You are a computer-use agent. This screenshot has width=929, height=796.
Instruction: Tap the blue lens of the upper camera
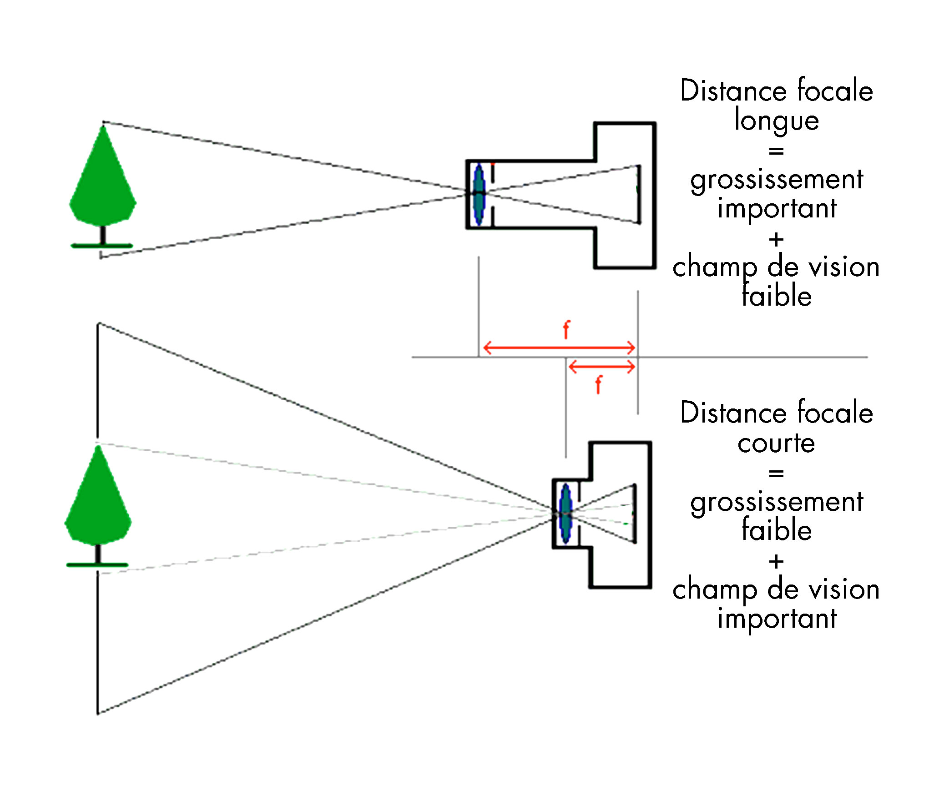pos(479,194)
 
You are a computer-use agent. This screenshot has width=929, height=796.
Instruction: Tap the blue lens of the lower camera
pos(565,514)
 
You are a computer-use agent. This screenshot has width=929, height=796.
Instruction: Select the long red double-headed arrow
pos(559,348)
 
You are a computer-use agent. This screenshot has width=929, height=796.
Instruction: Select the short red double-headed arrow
pos(601,366)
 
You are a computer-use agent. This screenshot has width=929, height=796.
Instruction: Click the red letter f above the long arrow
pos(566,330)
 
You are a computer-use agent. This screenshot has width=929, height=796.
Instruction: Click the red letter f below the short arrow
pos(598,385)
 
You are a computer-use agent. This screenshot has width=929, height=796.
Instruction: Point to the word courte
pos(776,443)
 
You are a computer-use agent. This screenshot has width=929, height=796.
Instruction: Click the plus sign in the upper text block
pos(776,239)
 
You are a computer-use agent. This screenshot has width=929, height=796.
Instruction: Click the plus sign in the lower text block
pos(776,562)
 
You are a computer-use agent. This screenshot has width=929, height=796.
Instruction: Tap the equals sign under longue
pos(776,151)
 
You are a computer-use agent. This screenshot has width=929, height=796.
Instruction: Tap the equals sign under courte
pos(776,474)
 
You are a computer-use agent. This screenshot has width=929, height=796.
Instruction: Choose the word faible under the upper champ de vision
pos(777,296)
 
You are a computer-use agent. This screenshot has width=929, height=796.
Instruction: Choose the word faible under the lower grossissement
pos(777,530)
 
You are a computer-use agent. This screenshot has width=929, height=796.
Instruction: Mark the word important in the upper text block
pos(777,209)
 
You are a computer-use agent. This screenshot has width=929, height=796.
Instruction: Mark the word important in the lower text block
pos(777,619)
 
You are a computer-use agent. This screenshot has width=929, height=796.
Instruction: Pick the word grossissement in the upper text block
pos(777,180)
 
